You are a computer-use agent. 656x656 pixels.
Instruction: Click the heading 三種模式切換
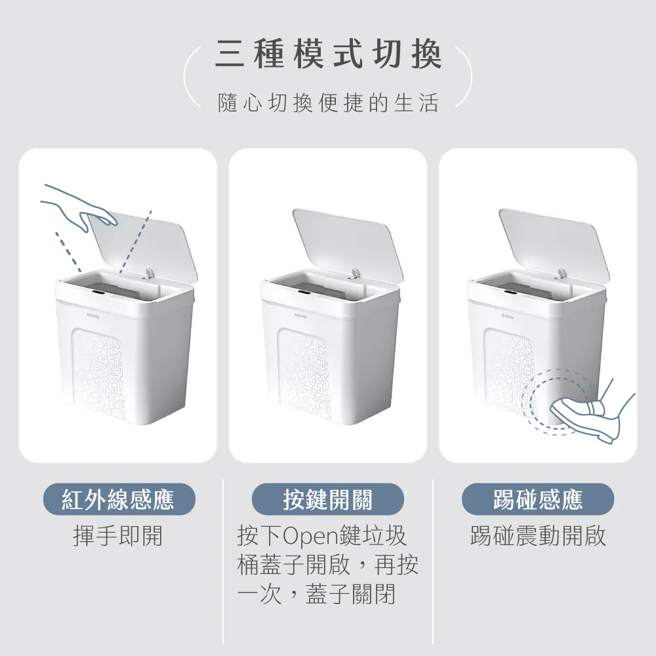coord(328,55)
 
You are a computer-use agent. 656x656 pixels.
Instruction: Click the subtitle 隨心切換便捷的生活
coord(328,103)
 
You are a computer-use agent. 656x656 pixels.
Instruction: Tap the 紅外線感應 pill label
coord(119,499)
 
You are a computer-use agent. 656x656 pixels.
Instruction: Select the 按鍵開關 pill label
coord(327,499)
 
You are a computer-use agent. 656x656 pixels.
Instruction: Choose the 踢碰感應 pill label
coord(538,499)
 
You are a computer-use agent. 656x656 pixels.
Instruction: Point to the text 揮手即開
coord(117,535)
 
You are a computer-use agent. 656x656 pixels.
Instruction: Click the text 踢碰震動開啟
coord(538,535)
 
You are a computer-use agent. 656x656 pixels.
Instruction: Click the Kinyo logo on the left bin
coord(93,314)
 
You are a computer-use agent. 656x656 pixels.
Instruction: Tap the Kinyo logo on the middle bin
coord(300,316)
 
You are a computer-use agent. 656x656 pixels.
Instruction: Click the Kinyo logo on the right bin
coord(508,316)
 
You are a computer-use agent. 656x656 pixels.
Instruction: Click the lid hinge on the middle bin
coord(355,274)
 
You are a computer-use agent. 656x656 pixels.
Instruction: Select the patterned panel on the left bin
coord(99,373)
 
